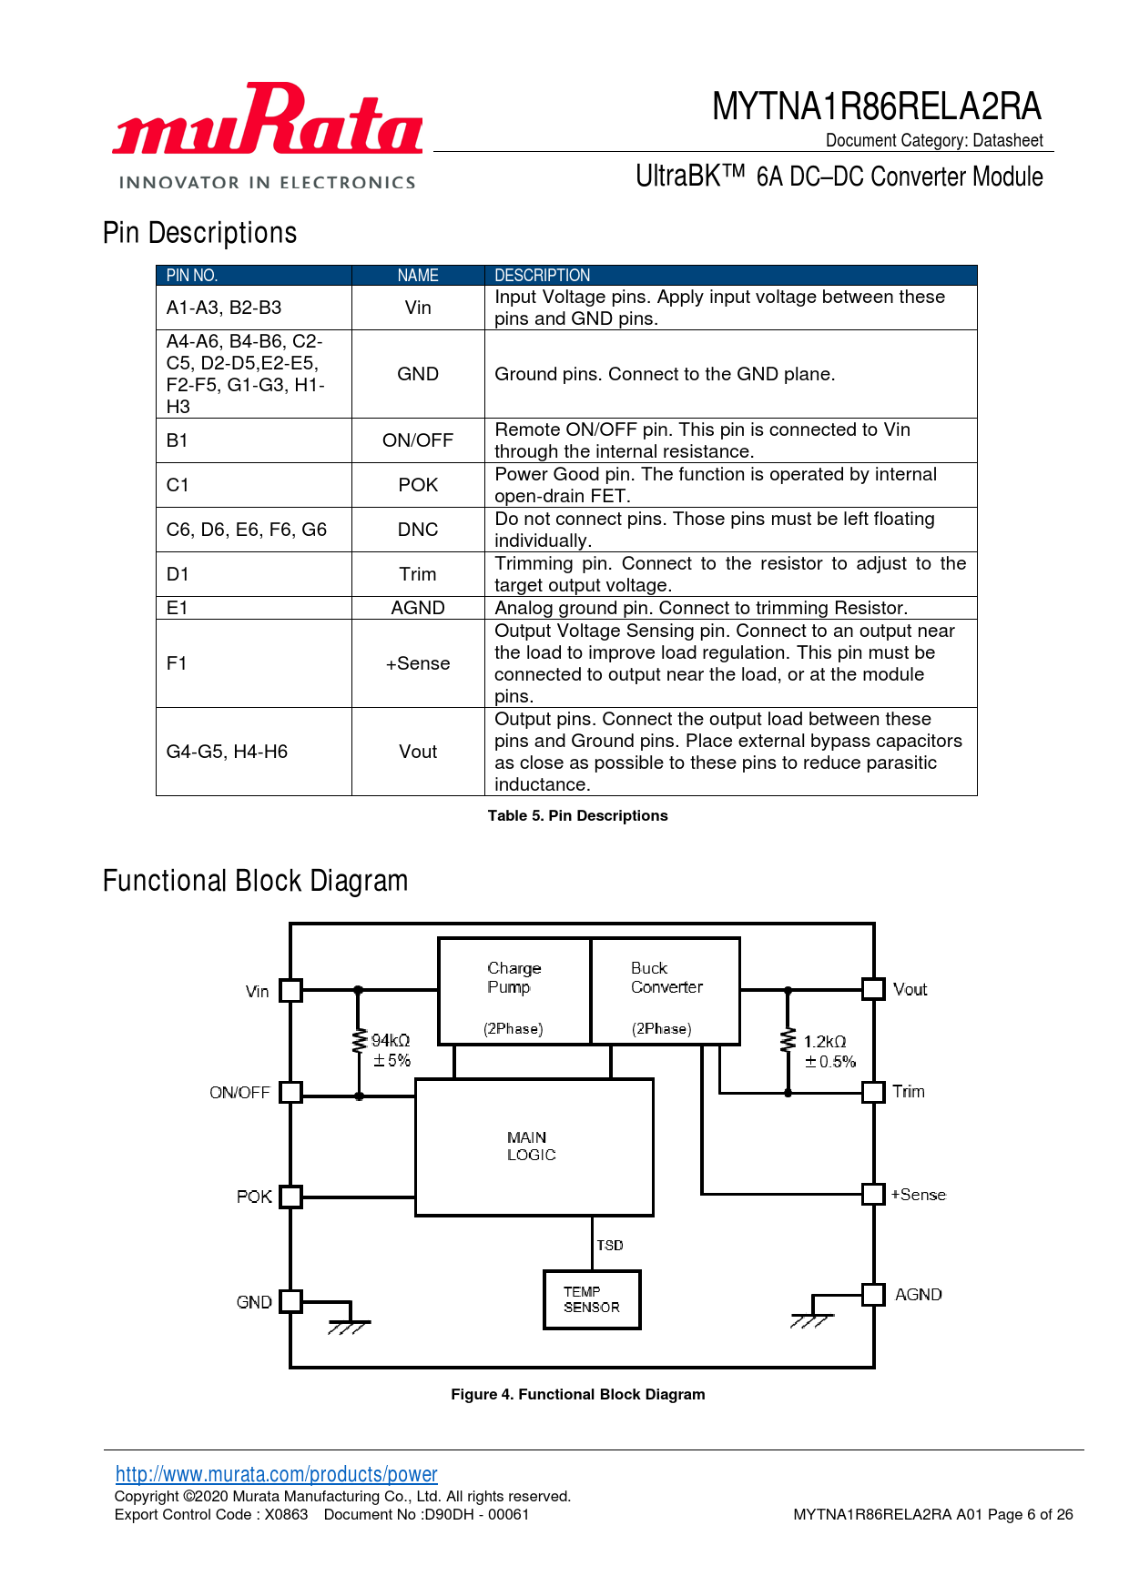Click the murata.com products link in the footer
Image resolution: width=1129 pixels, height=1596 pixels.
[x=276, y=1474]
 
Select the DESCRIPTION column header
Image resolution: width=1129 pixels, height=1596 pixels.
[x=542, y=276]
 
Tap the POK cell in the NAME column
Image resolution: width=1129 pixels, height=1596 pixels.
[x=418, y=485]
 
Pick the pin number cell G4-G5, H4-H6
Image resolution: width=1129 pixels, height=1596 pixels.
[x=227, y=752]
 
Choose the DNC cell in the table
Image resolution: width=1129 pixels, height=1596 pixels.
[x=418, y=530]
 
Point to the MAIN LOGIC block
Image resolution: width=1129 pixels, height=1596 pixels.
[x=534, y=1146]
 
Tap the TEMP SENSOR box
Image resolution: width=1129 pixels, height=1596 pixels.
[x=592, y=1299]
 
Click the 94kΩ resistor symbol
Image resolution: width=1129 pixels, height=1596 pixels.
[x=359, y=1043]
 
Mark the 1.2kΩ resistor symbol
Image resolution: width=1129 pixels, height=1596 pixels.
[x=788, y=1042]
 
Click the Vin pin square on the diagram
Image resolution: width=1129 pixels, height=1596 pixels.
[x=290, y=990]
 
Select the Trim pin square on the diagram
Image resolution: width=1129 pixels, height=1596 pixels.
[x=873, y=1092]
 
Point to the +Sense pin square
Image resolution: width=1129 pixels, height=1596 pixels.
[x=873, y=1194]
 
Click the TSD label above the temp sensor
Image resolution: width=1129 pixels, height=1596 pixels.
[x=610, y=1245]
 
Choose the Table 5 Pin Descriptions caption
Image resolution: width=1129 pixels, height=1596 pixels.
[x=577, y=816]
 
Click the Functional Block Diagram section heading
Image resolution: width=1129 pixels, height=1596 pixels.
[x=255, y=881]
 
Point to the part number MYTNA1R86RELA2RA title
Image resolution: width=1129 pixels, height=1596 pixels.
[x=876, y=106]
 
